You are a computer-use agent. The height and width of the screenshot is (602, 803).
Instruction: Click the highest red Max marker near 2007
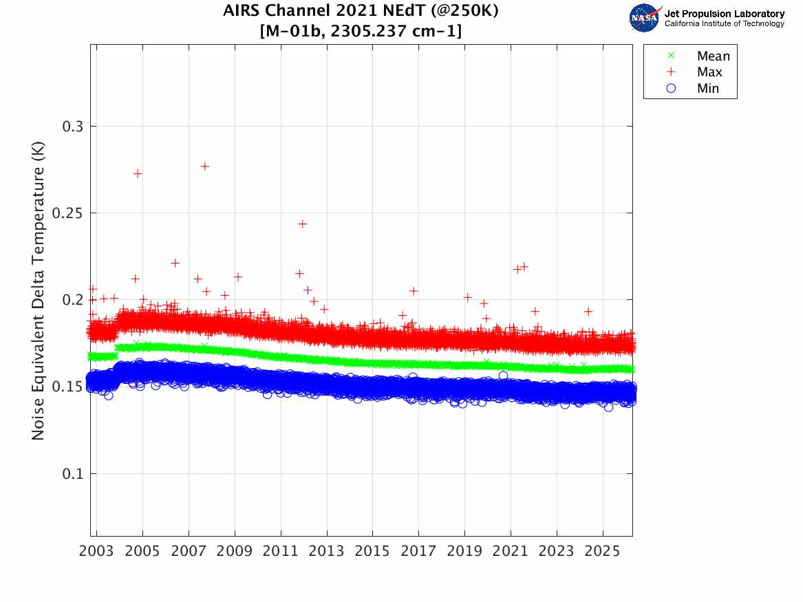click(x=204, y=166)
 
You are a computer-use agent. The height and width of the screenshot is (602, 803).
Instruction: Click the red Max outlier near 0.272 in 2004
click(x=138, y=173)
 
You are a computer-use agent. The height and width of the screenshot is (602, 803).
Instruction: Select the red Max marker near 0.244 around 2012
click(x=302, y=224)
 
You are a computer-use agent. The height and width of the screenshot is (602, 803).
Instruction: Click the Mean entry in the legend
click(x=713, y=56)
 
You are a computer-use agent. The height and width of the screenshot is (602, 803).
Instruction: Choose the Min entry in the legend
click(x=708, y=88)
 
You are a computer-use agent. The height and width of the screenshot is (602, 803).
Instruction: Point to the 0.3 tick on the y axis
click(x=72, y=127)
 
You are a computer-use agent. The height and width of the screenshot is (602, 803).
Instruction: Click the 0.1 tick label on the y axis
click(x=72, y=473)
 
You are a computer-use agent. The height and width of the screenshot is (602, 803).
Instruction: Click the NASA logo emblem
click(x=645, y=18)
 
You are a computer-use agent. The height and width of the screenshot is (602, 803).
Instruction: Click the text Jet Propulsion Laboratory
click(x=724, y=14)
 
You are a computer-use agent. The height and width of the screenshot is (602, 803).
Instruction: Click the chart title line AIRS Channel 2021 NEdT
click(x=361, y=12)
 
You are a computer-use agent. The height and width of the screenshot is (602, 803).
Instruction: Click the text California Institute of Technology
click(x=724, y=24)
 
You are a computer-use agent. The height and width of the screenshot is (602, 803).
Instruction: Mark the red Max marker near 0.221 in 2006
click(x=175, y=263)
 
